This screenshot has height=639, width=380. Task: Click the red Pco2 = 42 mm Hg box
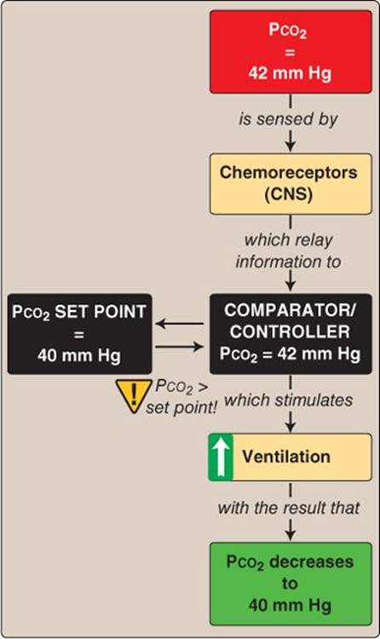pos(291,52)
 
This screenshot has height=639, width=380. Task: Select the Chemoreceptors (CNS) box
pos(291,184)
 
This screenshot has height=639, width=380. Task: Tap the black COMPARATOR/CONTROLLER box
pos(291,334)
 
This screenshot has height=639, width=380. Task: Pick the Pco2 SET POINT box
pos(79,334)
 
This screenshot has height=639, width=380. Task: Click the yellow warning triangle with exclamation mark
pos(133,395)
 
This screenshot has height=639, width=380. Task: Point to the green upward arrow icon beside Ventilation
pos(221,458)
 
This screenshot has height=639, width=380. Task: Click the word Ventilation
pos(286,457)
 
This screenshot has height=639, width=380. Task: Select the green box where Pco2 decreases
pos(291,584)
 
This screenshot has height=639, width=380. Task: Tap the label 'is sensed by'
pos(288,119)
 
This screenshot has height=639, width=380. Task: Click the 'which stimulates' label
pos(289,400)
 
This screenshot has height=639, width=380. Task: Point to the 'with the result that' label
pos(289,508)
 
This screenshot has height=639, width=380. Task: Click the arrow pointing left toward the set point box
pos(180,324)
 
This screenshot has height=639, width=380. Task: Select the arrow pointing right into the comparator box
pos(180,347)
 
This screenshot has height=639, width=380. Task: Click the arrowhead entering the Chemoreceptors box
pos(291,146)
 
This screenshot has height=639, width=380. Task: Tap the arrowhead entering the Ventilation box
pos(291,426)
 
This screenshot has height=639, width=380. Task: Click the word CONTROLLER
pos(290,331)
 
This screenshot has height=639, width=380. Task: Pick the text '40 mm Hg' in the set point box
pos(79,355)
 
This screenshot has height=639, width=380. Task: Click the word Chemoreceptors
pos(289,172)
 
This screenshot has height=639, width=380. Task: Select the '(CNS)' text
pos(289,193)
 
